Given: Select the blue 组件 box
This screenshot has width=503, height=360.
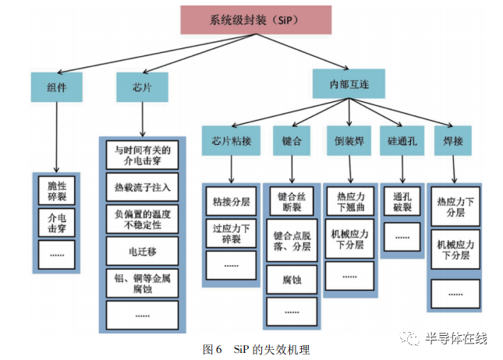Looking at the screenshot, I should click(x=57, y=87).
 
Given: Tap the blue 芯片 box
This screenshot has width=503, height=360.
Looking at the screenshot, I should click(x=141, y=87).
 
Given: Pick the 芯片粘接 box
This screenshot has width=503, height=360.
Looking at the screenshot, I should click(x=231, y=142).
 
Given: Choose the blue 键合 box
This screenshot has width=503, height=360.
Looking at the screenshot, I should click(x=292, y=142).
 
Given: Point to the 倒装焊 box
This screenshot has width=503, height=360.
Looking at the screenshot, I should click(x=349, y=142).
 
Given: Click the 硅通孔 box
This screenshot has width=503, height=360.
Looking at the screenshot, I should click(x=402, y=142).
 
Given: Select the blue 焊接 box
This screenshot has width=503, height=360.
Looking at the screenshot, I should click(x=453, y=142).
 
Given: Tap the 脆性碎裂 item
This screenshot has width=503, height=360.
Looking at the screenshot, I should click(x=57, y=192).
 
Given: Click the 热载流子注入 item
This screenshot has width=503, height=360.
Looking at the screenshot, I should click(x=142, y=188).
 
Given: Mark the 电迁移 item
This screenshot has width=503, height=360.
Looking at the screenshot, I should click(x=142, y=250).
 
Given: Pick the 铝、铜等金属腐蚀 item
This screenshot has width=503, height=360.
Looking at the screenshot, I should click(x=142, y=282).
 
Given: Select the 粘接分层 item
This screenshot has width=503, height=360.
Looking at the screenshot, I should click(x=231, y=202).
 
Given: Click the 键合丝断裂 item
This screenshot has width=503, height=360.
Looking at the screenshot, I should click(x=292, y=202).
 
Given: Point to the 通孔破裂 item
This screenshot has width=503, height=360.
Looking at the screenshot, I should click(x=402, y=203).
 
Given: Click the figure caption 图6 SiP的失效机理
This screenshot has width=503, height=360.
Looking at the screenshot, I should click(x=249, y=348).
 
